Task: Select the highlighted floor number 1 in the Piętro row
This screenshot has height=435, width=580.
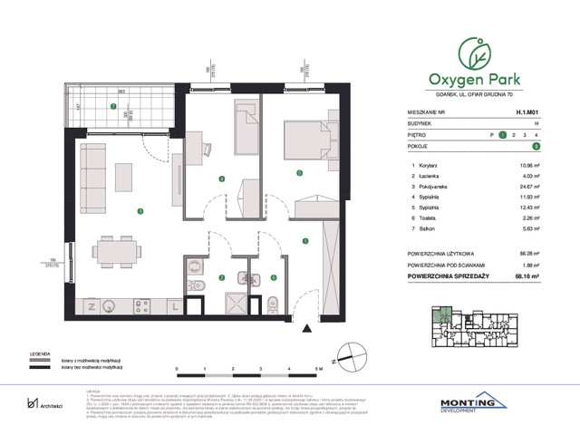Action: click(x=502, y=134)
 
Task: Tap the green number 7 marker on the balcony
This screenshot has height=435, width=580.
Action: click(x=112, y=107)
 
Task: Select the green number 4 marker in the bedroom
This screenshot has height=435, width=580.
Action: click(x=222, y=179)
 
